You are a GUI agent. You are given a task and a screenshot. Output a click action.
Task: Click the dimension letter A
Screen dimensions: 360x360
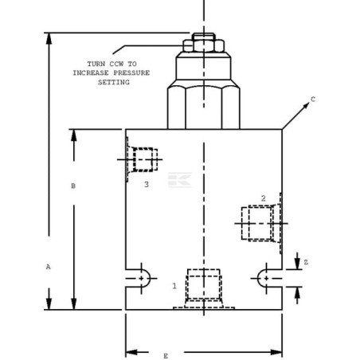tap(48, 268)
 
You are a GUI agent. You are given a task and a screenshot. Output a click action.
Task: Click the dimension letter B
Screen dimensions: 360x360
tap(73, 186)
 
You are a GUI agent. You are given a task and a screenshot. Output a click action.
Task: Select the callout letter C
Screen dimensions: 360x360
tap(313, 100)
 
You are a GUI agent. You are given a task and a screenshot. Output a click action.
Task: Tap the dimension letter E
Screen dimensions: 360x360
tap(166, 355)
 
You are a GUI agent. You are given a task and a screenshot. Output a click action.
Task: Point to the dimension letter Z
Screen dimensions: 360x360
tap(306, 262)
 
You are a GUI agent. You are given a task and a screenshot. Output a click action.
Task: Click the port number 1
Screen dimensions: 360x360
tap(174, 284)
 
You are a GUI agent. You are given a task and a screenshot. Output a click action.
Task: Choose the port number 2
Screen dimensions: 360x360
tap(263, 198)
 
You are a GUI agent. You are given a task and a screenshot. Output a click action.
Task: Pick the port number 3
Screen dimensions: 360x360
tap(146, 184)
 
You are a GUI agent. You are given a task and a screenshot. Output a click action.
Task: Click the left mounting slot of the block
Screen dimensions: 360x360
tap(139, 277)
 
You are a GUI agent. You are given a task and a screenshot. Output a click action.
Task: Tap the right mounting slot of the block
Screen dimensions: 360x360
tap(268, 277)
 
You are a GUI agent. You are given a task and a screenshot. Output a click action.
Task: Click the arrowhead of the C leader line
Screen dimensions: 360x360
tap(284, 127)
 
